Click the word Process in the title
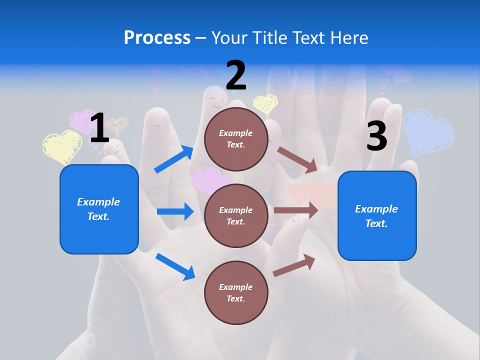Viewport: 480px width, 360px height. (157, 38)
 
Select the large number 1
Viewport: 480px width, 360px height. (99, 128)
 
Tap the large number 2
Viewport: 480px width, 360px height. (236, 75)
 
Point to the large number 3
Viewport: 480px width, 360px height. (376, 136)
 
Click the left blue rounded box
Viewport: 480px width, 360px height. (99, 209)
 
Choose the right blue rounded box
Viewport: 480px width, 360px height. (377, 216)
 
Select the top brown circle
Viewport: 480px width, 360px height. (236, 139)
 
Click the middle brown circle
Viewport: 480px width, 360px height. (236, 215)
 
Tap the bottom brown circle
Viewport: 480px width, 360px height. (236, 292)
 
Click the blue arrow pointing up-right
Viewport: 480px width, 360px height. (174, 159)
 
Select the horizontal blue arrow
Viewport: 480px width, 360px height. (175, 211)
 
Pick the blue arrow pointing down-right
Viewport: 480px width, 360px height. (175, 266)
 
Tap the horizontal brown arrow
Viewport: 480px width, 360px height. (296, 210)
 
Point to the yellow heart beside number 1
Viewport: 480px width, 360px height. (62, 146)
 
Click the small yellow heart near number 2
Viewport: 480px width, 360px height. (265, 103)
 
